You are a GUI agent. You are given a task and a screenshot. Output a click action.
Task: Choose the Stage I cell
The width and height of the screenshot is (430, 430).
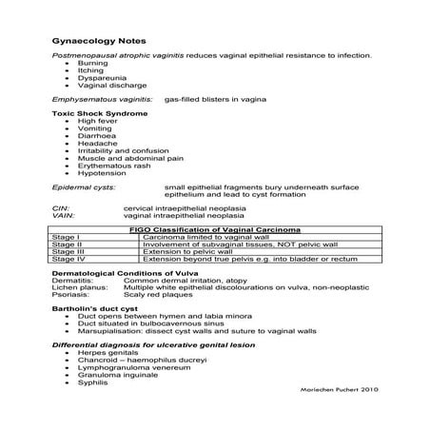[x=66, y=237]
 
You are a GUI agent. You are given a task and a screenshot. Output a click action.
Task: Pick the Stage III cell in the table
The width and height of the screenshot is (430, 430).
[x=68, y=250]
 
